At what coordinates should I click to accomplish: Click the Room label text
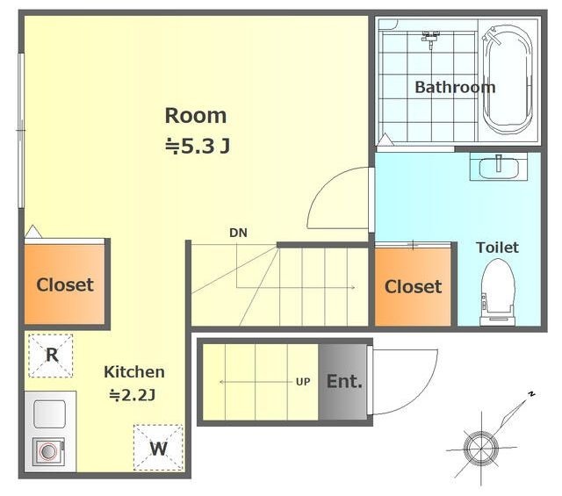click(x=196, y=116)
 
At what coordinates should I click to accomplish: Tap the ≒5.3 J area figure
click(x=198, y=146)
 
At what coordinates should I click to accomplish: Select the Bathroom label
click(x=455, y=87)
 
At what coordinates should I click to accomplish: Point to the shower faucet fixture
click(x=431, y=39)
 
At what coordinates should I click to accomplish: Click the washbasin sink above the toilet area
click(x=499, y=167)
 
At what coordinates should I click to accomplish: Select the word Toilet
click(x=497, y=248)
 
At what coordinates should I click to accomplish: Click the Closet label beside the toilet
click(x=413, y=287)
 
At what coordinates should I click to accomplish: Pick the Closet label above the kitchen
click(x=65, y=285)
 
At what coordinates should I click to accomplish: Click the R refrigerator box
click(x=51, y=356)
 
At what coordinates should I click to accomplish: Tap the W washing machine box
click(x=158, y=448)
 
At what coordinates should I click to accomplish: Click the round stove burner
click(x=48, y=451)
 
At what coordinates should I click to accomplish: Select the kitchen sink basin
click(x=49, y=414)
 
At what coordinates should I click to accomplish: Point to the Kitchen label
click(x=134, y=372)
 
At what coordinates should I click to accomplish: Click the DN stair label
click(x=238, y=233)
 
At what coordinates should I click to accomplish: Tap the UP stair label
click(x=303, y=382)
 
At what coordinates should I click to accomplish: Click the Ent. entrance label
click(x=344, y=381)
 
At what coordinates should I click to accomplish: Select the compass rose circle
click(x=480, y=449)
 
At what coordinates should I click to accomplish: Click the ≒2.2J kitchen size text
click(x=133, y=395)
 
